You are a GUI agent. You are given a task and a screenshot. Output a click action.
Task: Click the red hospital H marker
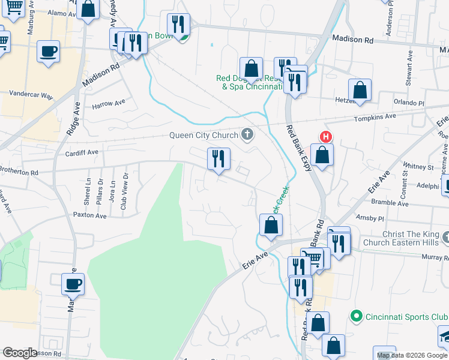pyautogui.click(x=325, y=137)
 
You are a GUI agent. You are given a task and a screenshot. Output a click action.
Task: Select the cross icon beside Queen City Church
pyautogui.click(x=246, y=133)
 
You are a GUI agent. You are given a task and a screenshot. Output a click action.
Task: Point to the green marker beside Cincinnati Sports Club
pyautogui.click(x=355, y=316)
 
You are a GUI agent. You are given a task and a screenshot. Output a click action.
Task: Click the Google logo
pyautogui.click(x=19, y=353)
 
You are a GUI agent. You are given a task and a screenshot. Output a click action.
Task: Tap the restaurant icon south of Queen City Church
pyautogui.click(x=218, y=159)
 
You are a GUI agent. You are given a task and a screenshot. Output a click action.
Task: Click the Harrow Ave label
pyautogui.click(x=108, y=104)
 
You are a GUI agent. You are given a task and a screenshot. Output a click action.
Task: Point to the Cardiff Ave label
pyautogui.click(x=81, y=152)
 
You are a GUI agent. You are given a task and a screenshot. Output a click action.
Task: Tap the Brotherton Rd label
pyautogui.click(x=18, y=172)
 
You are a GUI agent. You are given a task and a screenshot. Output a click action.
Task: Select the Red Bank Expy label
pyautogui.click(x=298, y=148)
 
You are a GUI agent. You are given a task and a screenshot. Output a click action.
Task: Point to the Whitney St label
pyautogui.click(x=418, y=166)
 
